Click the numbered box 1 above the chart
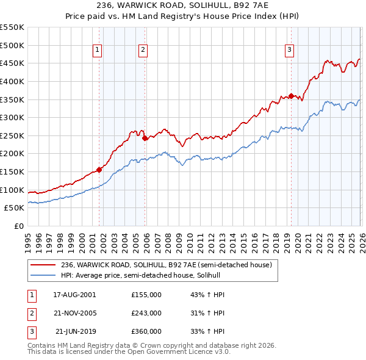[x=98, y=51]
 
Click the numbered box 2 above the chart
[x=143, y=51]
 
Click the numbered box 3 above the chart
[x=289, y=51]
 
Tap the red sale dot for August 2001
[x=99, y=170]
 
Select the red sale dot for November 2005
[x=145, y=138]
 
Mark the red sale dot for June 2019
[x=291, y=95]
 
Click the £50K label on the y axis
[x=15, y=208]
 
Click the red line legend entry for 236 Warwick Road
[x=170, y=265]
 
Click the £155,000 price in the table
[x=146, y=294]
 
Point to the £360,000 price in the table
[x=146, y=332]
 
